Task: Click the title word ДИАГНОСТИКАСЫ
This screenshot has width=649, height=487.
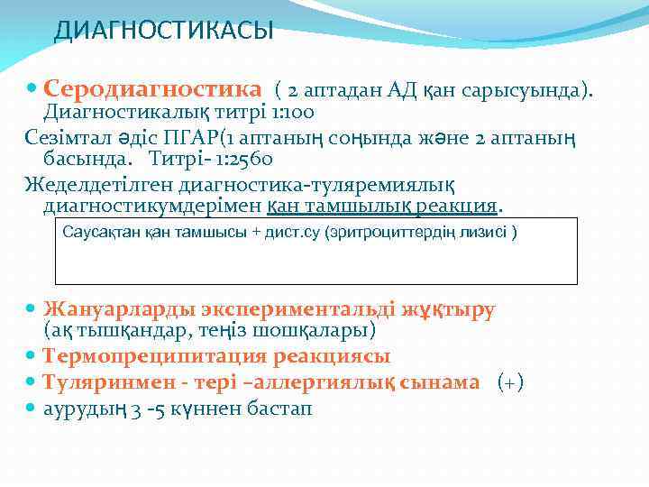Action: point(163,32)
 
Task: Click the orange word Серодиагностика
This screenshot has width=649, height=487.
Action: point(152,89)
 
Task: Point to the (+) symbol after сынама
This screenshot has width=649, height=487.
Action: point(510,381)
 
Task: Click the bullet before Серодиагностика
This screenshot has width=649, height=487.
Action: point(32,89)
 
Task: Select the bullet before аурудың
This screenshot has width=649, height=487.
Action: point(32,408)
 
